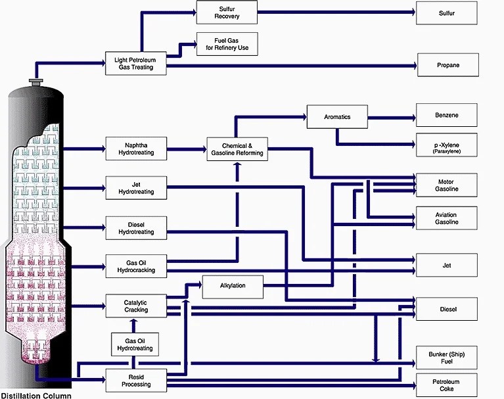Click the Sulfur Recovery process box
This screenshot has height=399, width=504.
(227, 12)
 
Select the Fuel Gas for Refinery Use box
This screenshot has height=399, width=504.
(227, 44)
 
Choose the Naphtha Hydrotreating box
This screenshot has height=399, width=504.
(136, 149)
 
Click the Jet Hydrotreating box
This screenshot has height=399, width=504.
(136, 187)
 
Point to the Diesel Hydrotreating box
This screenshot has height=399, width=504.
(136, 227)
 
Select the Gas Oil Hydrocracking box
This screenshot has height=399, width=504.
(136, 266)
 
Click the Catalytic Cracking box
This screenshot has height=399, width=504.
(136, 305)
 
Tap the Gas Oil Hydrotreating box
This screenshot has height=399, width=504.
(135, 344)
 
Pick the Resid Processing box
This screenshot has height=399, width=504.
(136, 380)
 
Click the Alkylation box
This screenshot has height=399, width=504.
(233, 286)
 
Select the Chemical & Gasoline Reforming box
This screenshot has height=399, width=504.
(237, 149)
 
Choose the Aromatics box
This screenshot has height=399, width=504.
(337, 117)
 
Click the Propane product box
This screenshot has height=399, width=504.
(447, 65)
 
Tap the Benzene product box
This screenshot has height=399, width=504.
(447, 115)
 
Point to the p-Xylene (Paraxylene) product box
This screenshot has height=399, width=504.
(447, 145)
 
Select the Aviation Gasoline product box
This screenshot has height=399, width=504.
(447, 218)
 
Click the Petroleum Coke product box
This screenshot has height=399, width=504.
(447, 385)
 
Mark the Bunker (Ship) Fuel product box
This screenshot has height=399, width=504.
(447, 358)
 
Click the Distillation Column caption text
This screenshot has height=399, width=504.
(35, 395)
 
